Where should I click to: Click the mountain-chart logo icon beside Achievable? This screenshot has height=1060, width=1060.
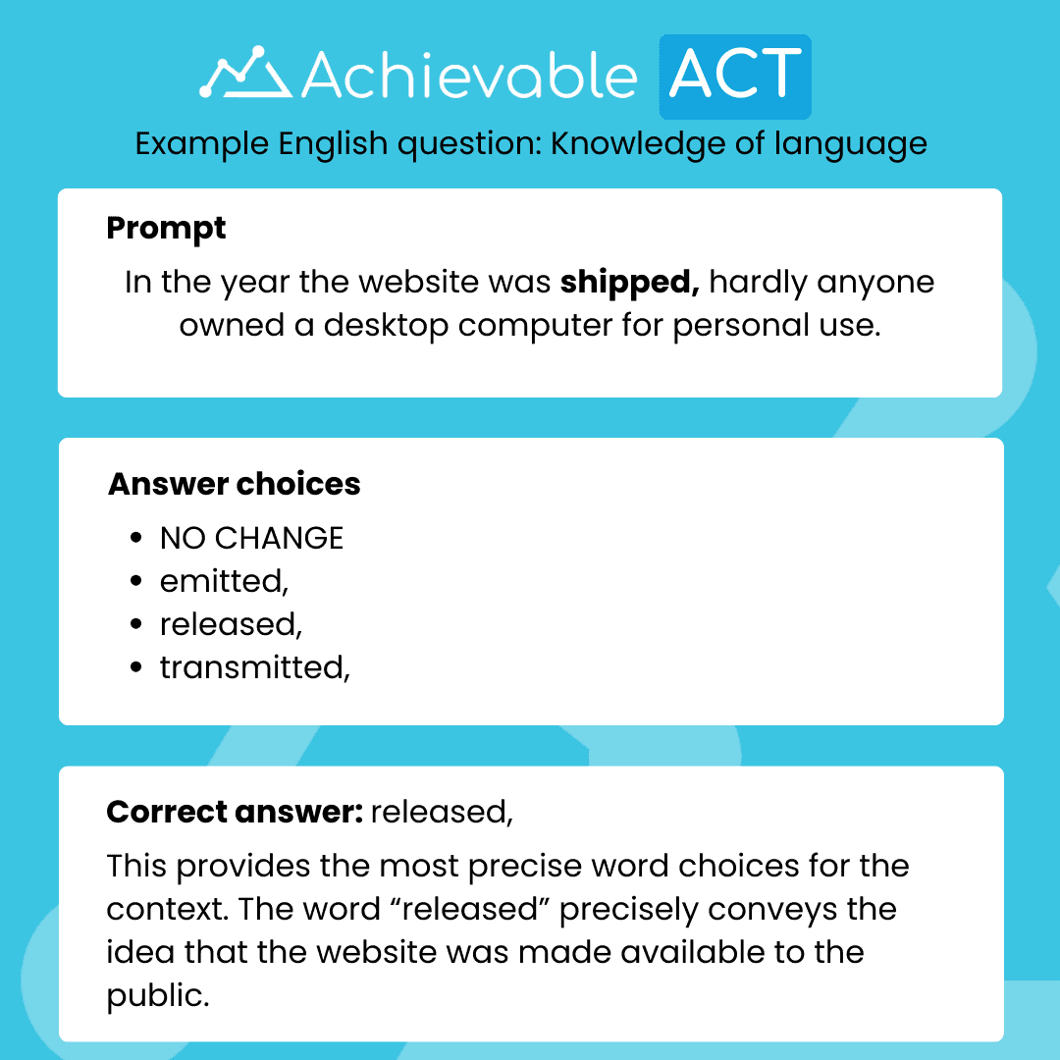[x=245, y=75]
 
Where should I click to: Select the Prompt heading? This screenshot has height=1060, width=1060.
[x=166, y=228]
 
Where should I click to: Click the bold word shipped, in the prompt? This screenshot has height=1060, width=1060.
[x=629, y=283]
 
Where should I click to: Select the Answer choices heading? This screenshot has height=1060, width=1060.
[x=234, y=484]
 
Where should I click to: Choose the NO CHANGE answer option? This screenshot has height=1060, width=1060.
[x=251, y=538]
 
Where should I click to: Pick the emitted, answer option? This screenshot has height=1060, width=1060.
[x=224, y=581]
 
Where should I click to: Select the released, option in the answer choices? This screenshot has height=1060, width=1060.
[x=232, y=624]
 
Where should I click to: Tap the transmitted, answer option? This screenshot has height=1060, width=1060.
[x=254, y=667]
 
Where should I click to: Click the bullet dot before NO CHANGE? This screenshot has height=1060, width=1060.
[x=136, y=539]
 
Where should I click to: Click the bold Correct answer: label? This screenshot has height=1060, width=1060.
[x=235, y=812]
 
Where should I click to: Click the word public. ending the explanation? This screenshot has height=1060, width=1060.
[x=158, y=995]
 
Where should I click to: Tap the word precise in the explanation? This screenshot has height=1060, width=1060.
[x=534, y=867]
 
